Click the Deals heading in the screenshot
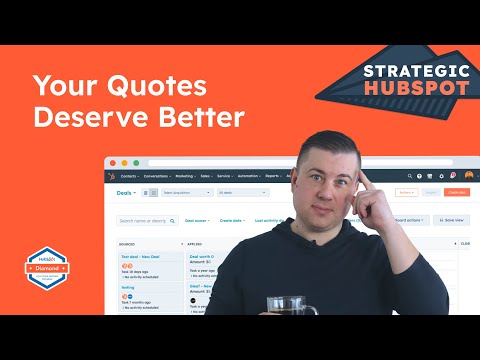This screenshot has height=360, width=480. (125, 192)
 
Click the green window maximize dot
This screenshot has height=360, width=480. (133, 162)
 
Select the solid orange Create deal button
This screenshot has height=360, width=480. (456, 192)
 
